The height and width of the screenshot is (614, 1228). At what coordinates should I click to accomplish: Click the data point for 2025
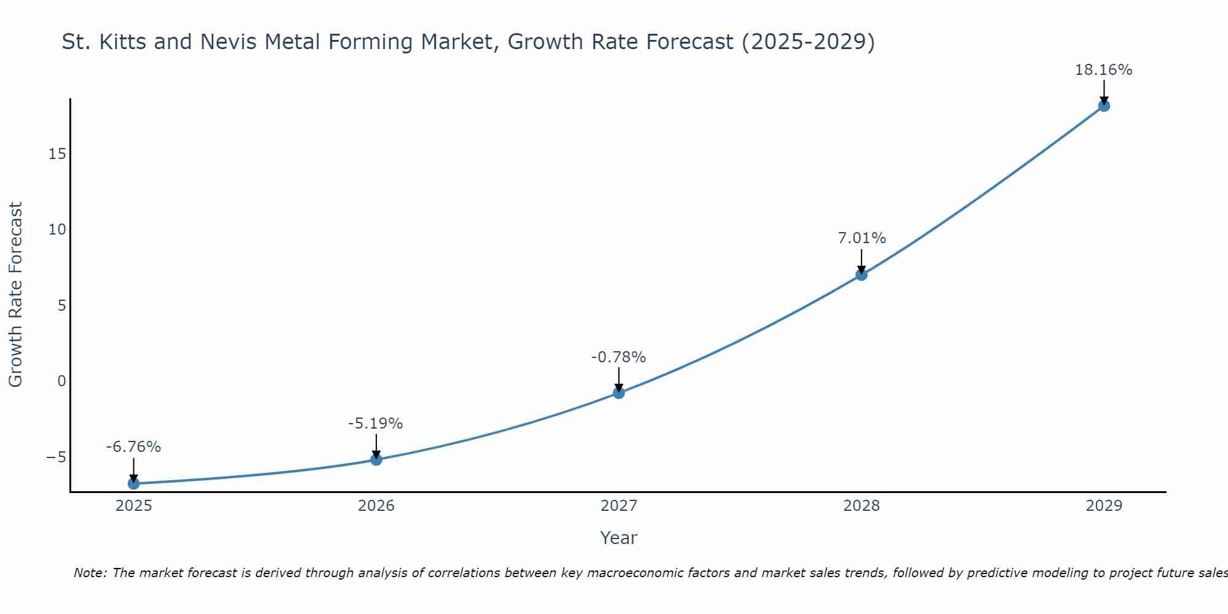(x=133, y=484)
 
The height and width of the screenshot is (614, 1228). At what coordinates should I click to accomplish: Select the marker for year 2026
(x=376, y=459)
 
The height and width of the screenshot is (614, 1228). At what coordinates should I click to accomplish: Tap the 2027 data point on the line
(x=619, y=393)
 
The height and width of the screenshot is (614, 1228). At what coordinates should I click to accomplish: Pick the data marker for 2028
(x=861, y=274)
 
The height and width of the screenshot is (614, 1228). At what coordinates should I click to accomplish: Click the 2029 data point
(x=1104, y=106)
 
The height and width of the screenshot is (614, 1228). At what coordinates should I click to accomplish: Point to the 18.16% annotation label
(x=1103, y=70)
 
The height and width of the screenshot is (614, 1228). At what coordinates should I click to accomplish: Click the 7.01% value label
(x=862, y=238)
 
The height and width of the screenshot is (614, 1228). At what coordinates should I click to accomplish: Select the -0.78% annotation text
(x=618, y=357)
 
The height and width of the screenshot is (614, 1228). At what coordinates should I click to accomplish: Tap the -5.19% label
(x=375, y=424)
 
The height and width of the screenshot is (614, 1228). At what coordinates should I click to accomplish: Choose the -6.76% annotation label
(x=133, y=447)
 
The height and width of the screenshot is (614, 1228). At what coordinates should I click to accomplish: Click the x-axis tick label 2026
(x=376, y=506)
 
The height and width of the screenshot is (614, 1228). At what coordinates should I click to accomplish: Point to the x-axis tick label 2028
(x=861, y=506)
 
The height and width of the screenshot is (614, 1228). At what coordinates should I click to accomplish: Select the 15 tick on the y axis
(x=57, y=154)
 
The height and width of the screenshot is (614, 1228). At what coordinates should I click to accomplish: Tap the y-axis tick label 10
(x=57, y=230)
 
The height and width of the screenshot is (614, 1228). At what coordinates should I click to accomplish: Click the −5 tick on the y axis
(x=56, y=457)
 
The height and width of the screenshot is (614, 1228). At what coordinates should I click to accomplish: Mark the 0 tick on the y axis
(x=61, y=381)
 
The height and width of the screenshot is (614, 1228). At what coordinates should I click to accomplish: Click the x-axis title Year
(x=618, y=538)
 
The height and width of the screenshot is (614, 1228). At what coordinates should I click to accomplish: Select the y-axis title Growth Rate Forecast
(x=15, y=295)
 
